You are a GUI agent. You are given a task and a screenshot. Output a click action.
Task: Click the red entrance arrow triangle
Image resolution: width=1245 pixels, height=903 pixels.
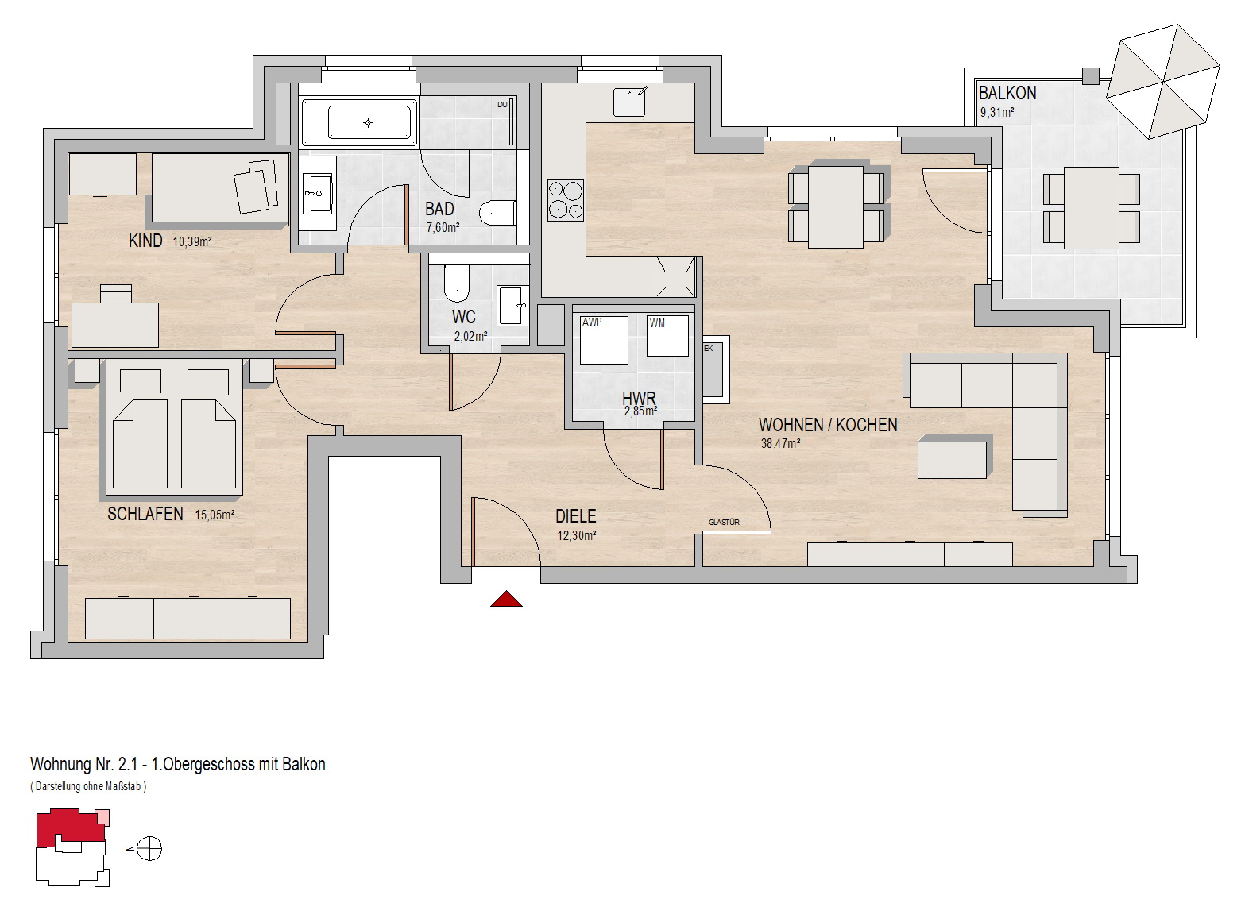coord(506,599)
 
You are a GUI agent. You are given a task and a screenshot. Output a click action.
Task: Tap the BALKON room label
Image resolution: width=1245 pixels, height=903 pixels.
coord(1007,93)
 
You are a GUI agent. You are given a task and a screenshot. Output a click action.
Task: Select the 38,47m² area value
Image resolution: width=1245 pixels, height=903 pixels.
coord(780,443)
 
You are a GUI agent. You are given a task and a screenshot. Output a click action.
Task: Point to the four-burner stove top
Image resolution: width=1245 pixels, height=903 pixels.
coord(565,199)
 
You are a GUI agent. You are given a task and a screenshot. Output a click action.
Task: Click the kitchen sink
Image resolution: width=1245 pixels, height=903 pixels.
coord(630,102)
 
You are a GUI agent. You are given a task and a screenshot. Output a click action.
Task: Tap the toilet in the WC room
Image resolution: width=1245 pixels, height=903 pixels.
coord(457,282)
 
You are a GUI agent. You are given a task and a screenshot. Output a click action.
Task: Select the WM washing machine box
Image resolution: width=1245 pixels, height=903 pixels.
coord(667,336)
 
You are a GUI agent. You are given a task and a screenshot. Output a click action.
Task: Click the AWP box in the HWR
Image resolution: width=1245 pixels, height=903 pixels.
coord(604,340)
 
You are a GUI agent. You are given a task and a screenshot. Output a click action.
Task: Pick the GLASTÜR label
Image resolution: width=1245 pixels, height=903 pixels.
coord(724,523)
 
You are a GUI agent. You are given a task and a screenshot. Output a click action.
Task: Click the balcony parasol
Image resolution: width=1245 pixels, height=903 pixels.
coord(1162,81)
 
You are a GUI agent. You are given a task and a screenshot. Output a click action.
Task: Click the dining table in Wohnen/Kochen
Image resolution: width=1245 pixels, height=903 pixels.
coord(835,206)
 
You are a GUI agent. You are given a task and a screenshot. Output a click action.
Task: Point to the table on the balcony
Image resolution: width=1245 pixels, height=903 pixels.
coord(1092,208)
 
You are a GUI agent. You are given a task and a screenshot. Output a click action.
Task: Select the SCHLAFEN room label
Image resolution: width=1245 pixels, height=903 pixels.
coord(145,514)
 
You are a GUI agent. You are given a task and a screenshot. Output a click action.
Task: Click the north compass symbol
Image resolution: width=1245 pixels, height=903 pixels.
coord(149,848)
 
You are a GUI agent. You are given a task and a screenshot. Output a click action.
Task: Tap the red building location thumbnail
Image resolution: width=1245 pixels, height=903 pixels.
coord(72,828)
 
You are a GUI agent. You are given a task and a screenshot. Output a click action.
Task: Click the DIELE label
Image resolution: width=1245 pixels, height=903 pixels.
coord(576,516)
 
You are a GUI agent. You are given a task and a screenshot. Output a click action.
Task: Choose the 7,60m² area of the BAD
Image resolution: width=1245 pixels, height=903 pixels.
coord(443,227)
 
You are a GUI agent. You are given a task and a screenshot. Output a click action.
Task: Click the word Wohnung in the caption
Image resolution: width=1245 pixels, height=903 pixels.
coord(60,765)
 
